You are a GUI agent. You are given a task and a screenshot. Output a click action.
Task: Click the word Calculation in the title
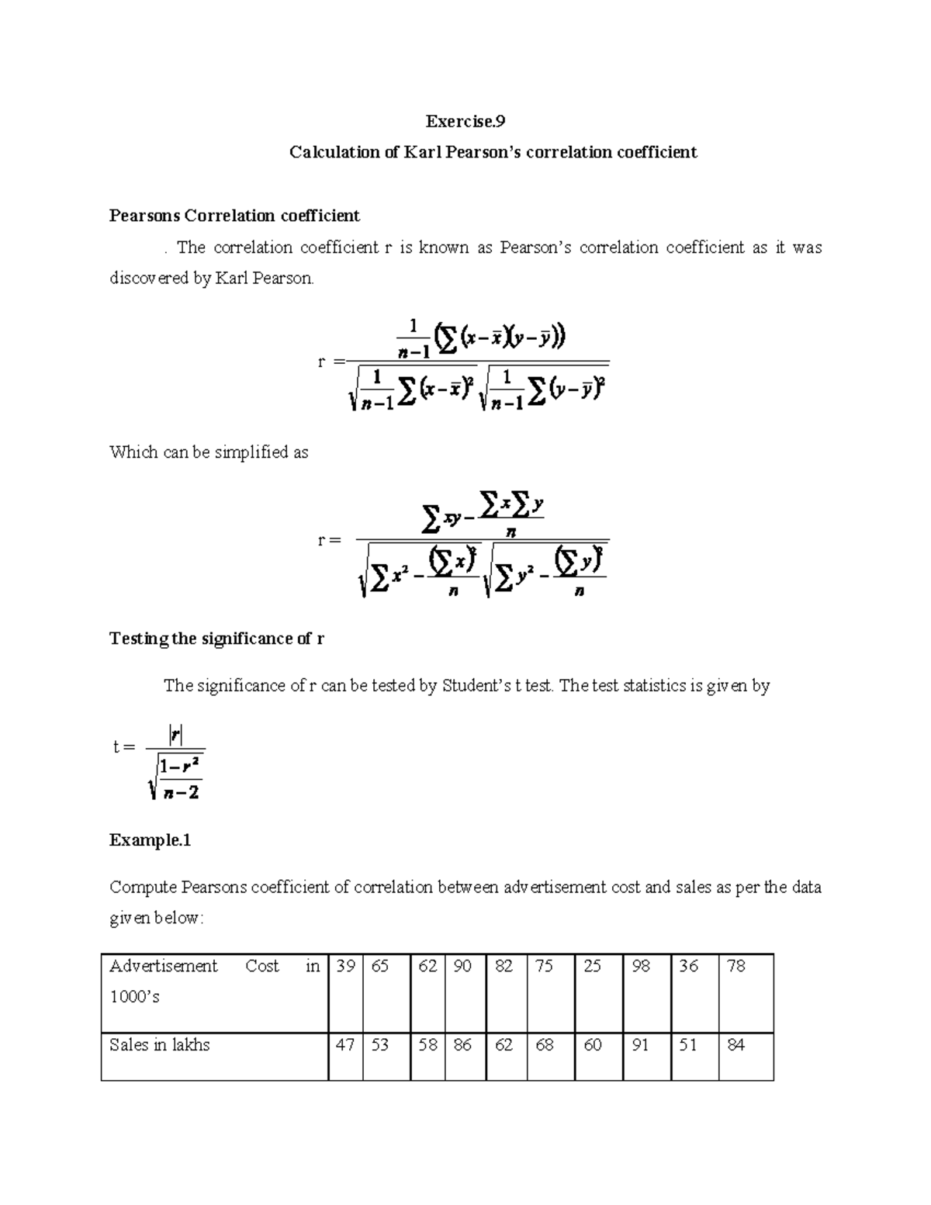334,152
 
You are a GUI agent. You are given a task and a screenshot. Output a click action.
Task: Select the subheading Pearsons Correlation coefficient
234,215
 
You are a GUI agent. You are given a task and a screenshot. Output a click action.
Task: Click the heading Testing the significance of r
216,639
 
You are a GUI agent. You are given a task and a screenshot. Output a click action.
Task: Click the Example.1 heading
150,840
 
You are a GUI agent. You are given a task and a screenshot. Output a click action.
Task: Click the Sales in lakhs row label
160,1045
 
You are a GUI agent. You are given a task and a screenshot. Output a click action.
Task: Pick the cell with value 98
641,967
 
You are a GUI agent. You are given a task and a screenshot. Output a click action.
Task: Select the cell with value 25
592,967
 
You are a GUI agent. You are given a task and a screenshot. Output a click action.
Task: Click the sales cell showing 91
640,1045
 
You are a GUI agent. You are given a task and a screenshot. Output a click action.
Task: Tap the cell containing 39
345,967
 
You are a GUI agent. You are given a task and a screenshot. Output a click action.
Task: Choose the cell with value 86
462,1045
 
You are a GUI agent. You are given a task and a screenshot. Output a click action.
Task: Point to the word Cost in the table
261,967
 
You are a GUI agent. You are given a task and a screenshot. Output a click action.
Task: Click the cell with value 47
345,1045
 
